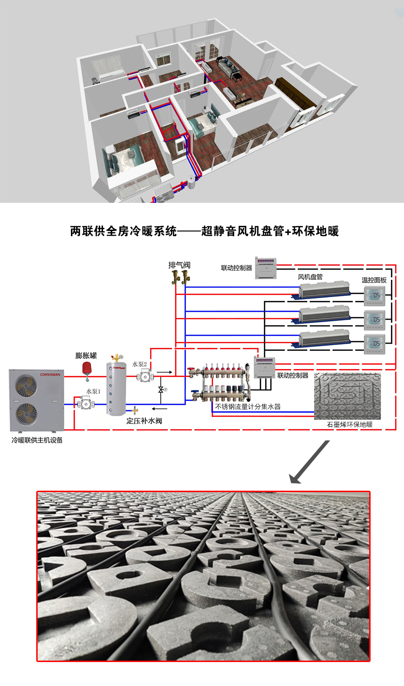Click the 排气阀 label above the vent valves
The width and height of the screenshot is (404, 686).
[179, 265]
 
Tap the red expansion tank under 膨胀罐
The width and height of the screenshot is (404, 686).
[87, 368]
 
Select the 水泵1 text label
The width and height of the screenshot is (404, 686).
[93, 392]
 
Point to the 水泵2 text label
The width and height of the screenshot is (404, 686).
[139, 364]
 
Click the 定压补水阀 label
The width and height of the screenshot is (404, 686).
[144, 421]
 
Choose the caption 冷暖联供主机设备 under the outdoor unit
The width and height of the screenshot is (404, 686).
[37, 440]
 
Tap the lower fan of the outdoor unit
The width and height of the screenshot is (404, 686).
[26, 414]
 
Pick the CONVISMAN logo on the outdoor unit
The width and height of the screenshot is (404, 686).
[50, 375]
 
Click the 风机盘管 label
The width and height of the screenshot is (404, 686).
[310, 277]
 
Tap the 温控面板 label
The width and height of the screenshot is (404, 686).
[374, 280]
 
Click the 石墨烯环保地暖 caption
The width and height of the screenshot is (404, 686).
[349, 424]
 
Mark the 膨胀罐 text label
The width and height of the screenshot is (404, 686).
[86, 355]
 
